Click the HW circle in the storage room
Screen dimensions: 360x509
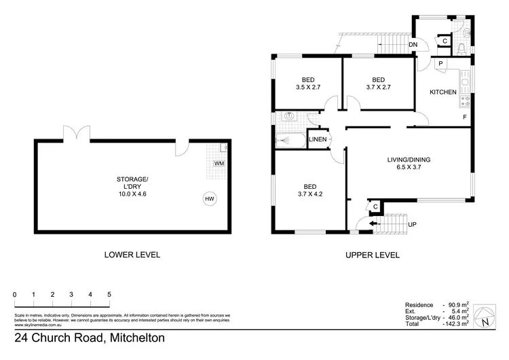click(x=210, y=199)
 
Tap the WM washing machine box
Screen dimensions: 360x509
click(x=219, y=164)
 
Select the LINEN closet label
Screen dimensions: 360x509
click(x=318, y=140)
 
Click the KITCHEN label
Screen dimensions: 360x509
click(x=442, y=92)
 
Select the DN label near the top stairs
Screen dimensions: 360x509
click(x=413, y=46)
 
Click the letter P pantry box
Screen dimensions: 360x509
click(x=440, y=64)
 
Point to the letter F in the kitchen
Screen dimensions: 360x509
click(x=464, y=117)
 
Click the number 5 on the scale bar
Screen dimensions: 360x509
click(x=109, y=295)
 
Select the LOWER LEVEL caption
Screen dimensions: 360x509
click(x=132, y=255)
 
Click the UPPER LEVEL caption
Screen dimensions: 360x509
click(x=372, y=255)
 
